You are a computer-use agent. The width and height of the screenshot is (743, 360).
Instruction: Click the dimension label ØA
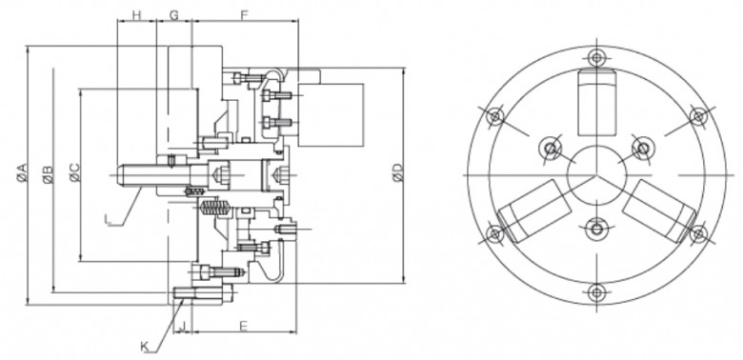point(22,173)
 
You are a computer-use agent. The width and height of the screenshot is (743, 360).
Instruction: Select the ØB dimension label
point(48,174)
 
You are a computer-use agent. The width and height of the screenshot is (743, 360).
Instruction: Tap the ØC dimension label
point(75,173)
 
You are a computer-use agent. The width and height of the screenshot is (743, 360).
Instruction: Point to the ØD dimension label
point(398,173)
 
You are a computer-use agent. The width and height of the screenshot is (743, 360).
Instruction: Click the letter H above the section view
point(136,15)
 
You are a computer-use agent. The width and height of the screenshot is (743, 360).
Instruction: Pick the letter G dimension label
point(174,15)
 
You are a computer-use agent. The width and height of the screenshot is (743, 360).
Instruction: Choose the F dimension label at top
point(245,15)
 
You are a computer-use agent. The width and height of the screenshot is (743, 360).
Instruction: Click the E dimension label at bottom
point(244,327)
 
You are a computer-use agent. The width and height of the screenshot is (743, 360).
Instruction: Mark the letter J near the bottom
point(183,327)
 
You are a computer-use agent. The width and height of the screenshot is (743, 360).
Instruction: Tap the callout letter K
point(145,348)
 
